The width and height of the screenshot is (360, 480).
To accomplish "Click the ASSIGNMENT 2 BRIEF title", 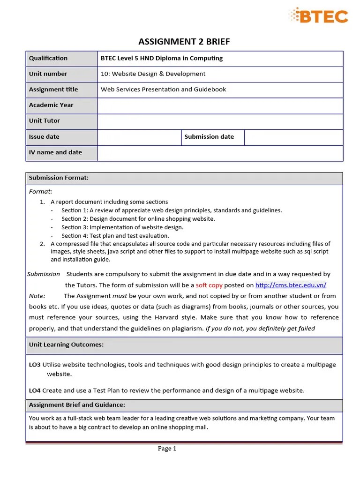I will click(x=184, y=42).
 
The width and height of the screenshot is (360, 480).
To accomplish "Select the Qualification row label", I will click(x=48, y=59).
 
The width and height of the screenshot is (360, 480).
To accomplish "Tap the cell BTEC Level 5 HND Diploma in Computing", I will click(x=162, y=59).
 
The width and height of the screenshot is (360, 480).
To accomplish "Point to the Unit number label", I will click(x=48, y=74).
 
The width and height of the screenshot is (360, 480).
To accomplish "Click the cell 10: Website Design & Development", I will click(x=153, y=74).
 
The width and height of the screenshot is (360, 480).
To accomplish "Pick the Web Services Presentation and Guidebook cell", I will click(x=163, y=90).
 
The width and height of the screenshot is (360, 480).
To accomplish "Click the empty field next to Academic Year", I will click(x=220, y=105).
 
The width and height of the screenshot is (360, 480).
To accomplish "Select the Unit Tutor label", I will click(x=45, y=121).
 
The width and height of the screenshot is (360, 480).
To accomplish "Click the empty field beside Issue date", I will click(x=139, y=137).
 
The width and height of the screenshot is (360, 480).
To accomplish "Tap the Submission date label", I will click(x=209, y=137).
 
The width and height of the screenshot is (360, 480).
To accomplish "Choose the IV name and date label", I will click(x=55, y=152).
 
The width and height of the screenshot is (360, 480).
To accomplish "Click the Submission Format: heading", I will click(x=59, y=178).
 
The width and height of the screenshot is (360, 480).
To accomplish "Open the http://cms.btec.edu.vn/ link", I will click(x=291, y=285).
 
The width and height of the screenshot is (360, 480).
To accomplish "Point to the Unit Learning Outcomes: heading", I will click(x=66, y=345).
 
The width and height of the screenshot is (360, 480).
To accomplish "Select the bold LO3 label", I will click(x=35, y=365).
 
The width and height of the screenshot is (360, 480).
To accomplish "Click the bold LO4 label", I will click(x=35, y=390).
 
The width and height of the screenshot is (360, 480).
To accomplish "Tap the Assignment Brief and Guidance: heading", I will click(x=77, y=405).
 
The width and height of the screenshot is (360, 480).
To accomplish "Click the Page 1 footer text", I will click(x=167, y=449).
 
